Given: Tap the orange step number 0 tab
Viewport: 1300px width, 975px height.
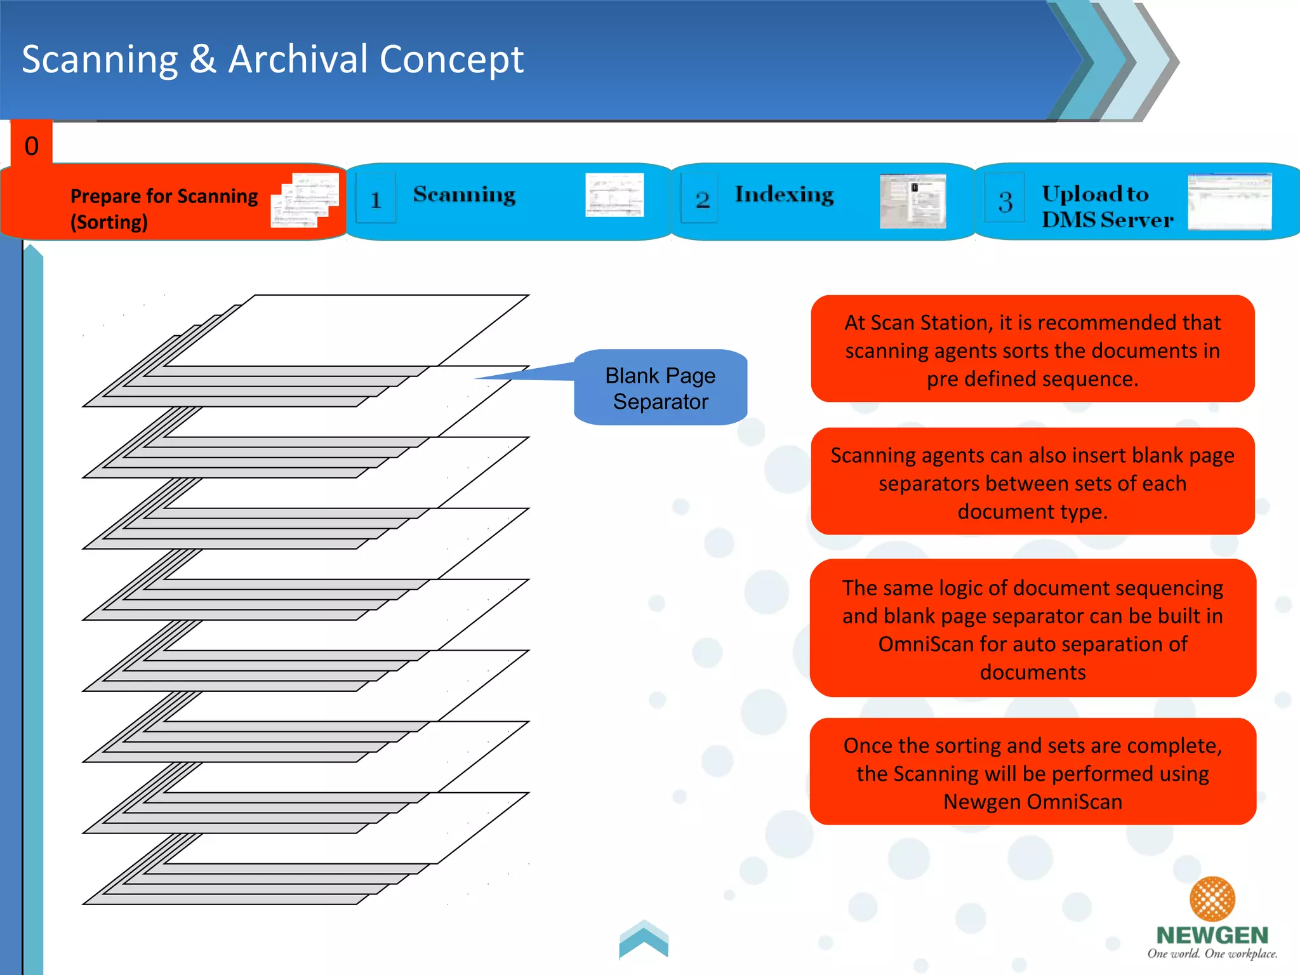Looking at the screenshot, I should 31,145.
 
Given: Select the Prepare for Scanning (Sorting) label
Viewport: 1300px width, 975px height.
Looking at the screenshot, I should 164,208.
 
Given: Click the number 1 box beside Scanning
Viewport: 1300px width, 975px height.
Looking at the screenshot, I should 376,199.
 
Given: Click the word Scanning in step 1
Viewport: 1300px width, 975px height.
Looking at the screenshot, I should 464,194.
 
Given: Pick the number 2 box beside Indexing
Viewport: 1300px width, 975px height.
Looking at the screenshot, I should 701,199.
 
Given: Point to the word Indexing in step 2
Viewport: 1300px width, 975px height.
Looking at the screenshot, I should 784,194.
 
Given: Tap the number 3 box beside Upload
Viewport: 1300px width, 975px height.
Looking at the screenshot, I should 1005,201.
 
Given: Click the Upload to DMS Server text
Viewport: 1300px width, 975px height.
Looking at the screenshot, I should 1106,206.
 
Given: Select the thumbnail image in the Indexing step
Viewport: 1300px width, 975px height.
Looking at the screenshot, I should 912,201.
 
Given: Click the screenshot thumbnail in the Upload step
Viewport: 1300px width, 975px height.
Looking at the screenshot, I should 1229,201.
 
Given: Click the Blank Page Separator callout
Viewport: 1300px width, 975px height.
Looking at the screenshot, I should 660,388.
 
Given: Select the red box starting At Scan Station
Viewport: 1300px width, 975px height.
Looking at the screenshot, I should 1032,349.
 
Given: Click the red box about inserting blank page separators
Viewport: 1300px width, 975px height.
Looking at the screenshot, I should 1032,482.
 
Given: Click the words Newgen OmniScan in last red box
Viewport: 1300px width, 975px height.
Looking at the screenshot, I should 1032,802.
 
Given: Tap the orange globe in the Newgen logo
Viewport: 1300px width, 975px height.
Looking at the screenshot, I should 1211,898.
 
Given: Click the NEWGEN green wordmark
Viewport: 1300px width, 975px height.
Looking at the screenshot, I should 1211,935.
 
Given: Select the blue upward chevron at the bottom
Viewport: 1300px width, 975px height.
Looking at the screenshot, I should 644,939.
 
